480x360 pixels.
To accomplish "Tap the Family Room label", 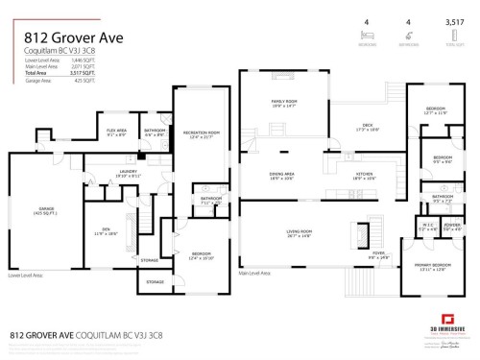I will pos(284,103).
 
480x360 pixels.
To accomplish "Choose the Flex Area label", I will pos(117,132).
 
